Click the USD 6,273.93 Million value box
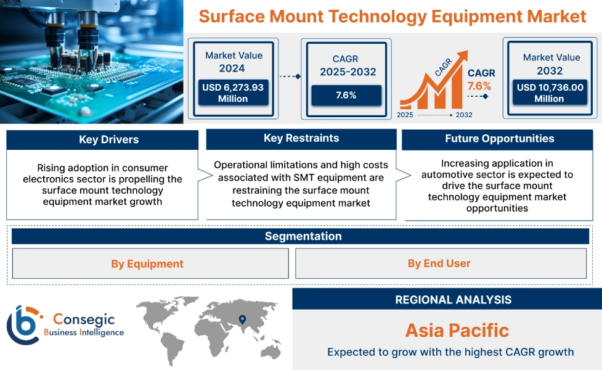point(233,92)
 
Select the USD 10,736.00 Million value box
point(550,92)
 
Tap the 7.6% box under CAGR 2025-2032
point(346,95)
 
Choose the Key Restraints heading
point(301,138)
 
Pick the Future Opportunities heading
point(499,139)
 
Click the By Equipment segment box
point(147,263)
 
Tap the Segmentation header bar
point(303,236)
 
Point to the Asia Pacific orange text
point(457,330)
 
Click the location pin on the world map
point(242,319)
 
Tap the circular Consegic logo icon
point(23,324)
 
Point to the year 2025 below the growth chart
point(405,115)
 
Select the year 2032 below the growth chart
point(464,115)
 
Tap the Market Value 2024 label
point(234,62)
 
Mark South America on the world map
point(175,343)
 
